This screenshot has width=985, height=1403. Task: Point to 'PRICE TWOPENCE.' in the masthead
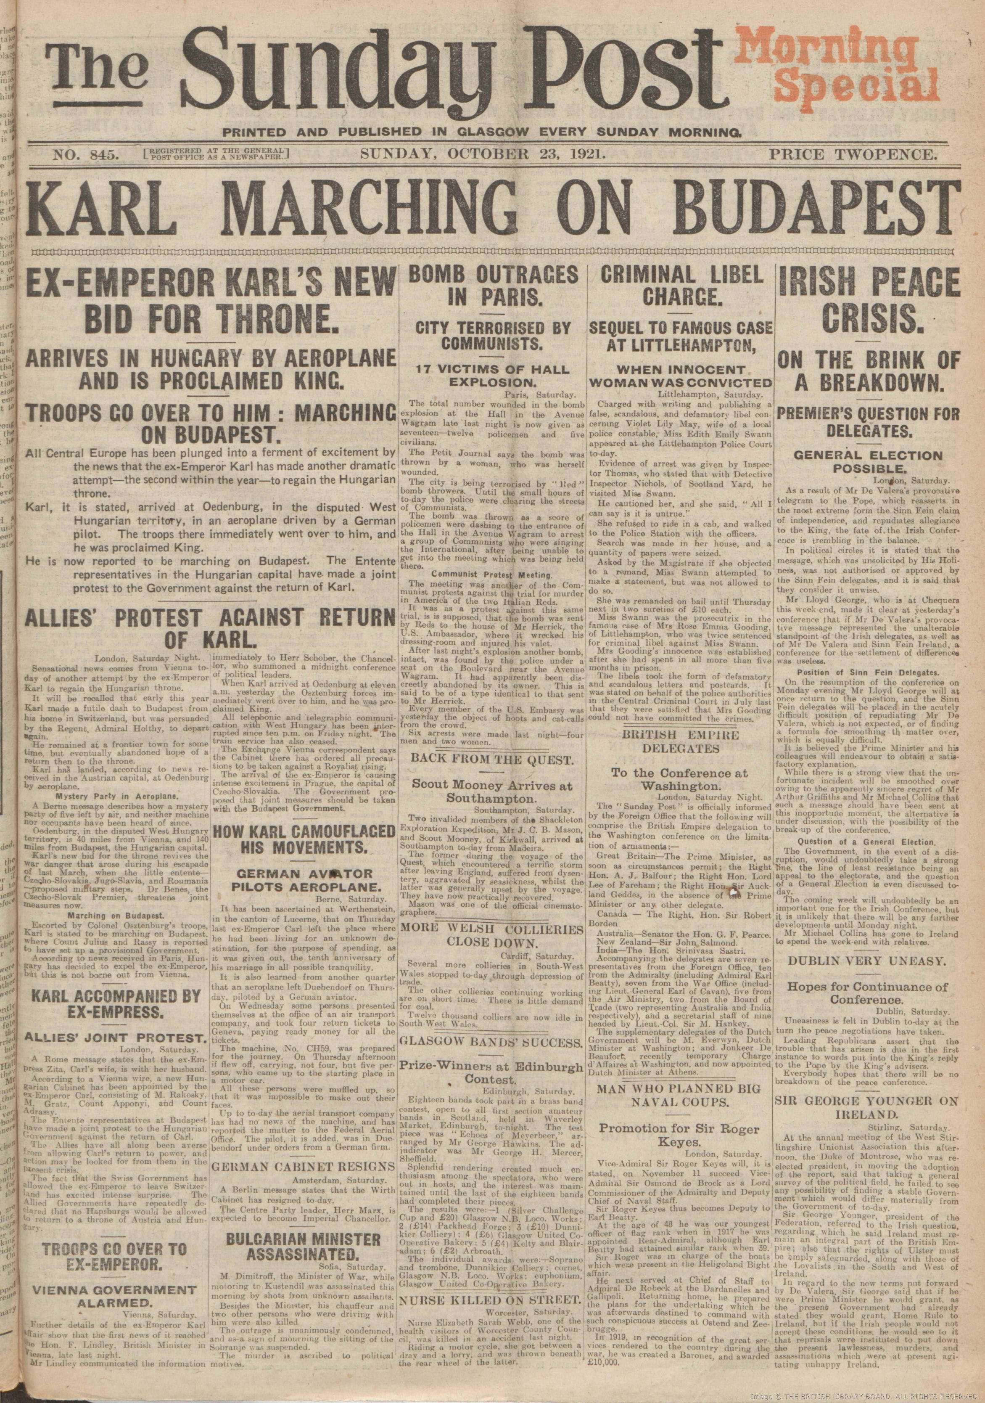(851, 155)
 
